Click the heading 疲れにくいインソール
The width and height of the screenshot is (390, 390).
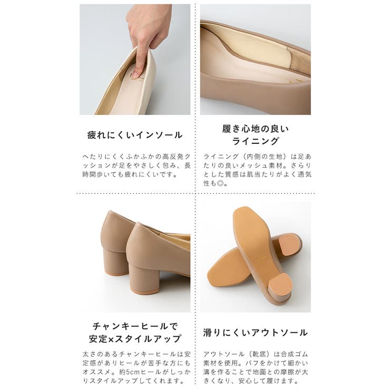(135, 135)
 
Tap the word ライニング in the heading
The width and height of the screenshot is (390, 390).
(255, 141)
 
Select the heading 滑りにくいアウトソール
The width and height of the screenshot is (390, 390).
(255, 333)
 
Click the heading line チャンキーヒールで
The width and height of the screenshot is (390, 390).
(135, 325)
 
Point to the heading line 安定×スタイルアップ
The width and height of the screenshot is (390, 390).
(135, 339)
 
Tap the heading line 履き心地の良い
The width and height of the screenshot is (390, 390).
(255, 128)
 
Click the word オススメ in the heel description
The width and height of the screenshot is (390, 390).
(95, 372)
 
